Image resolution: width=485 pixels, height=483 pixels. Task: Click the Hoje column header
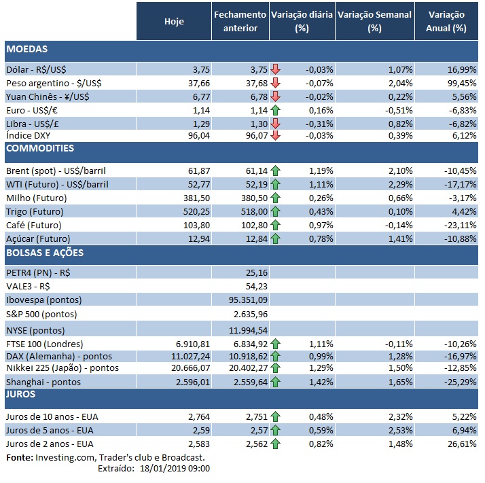pos(174,21)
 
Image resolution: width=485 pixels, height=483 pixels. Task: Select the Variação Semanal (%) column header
pos(374,21)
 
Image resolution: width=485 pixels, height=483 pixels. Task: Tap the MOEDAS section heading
pos(26,49)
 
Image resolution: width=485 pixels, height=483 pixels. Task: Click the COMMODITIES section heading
pos(39,148)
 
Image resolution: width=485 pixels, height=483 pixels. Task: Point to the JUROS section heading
pos(20,393)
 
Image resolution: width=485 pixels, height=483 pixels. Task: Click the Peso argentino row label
pos(54,83)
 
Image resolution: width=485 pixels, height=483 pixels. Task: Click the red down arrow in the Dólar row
pos(274,69)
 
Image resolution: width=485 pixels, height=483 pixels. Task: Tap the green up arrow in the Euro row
pos(274,110)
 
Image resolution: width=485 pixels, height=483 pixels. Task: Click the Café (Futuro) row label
pos(33,225)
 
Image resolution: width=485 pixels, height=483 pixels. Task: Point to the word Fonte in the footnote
pos(19,458)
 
